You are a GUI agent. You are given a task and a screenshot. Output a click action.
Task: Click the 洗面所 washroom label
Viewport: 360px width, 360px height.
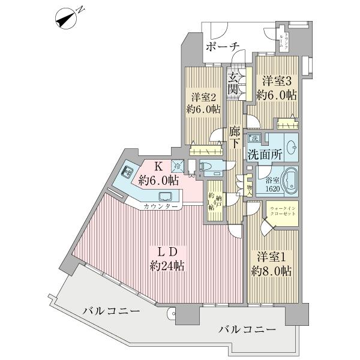(265, 154)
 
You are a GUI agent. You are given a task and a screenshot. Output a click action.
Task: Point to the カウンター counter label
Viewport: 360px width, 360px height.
(160, 207)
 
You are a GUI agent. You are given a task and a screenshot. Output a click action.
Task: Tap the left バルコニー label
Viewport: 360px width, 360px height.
(111, 312)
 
